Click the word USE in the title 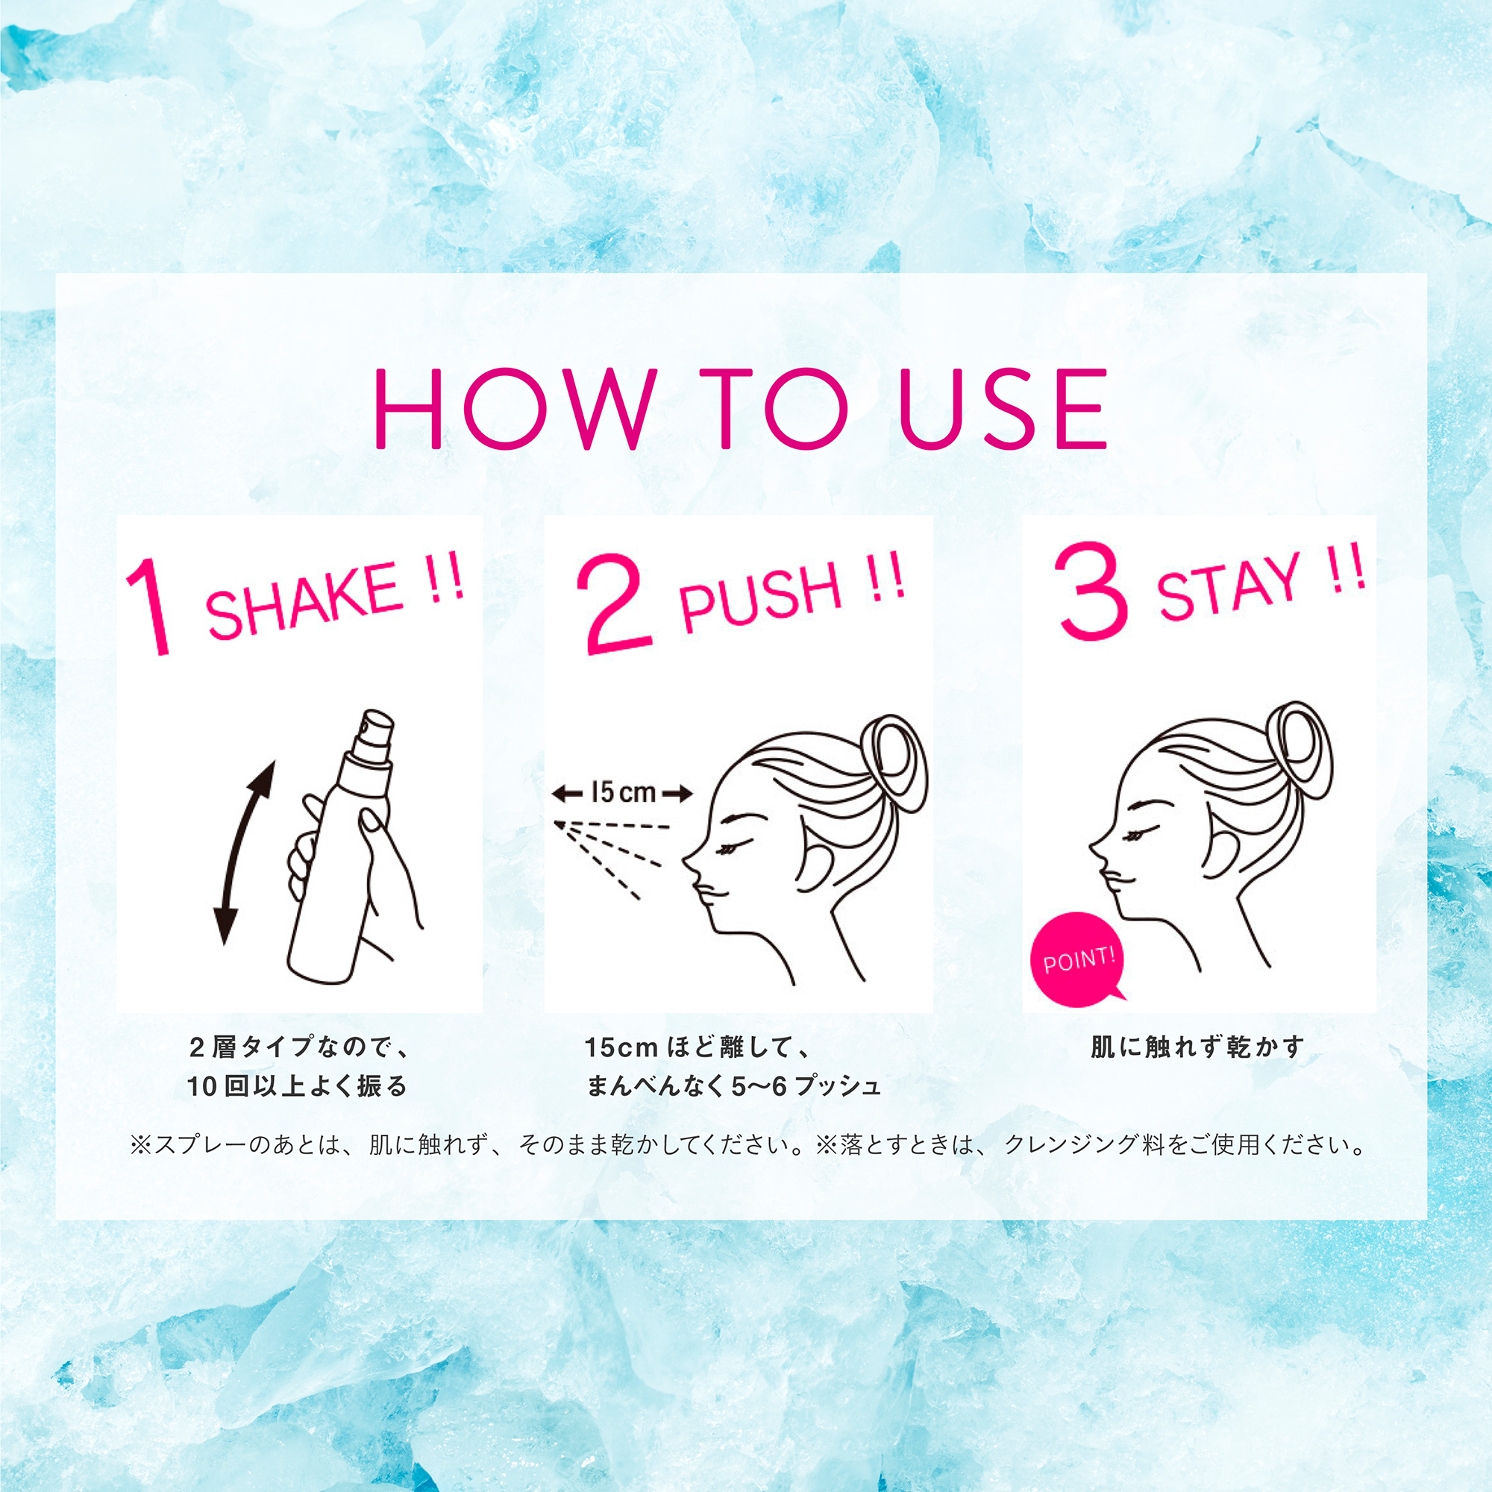(1003, 409)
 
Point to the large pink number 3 (1091, 595)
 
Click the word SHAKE (304, 601)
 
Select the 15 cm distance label (622, 792)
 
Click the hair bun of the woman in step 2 (896, 764)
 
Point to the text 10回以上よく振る (297, 1087)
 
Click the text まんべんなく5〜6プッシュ (733, 1087)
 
